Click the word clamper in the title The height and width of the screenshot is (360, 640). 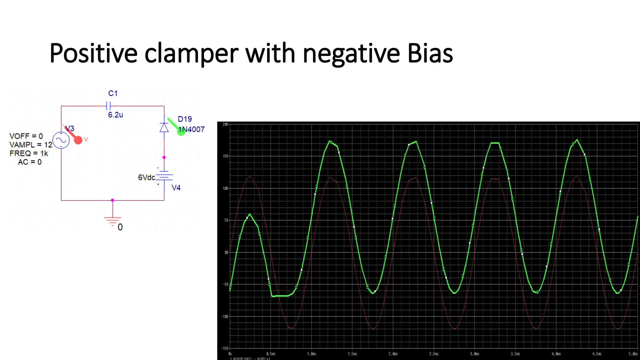[191, 54]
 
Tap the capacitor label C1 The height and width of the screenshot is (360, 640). [113, 93]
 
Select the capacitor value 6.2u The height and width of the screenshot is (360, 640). [115, 115]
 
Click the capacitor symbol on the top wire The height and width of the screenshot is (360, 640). [109, 106]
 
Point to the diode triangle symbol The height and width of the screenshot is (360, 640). [164, 127]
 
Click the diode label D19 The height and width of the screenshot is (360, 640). [185, 119]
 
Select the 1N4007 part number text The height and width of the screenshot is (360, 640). [192, 129]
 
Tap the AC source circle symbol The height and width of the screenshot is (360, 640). [61, 140]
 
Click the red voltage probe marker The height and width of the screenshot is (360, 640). [78, 140]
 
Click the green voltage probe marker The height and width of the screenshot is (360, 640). [181, 132]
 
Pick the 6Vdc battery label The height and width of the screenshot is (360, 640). [146, 177]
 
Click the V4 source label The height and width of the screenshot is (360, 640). [176, 187]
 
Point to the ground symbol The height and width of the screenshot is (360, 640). [112, 221]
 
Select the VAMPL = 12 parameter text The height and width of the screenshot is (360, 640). [31, 145]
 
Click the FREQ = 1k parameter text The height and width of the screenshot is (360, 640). [29, 153]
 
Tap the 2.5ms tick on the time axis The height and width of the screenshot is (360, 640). [434, 354]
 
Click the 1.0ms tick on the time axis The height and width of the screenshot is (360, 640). [312, 354]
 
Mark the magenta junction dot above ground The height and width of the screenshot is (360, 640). [112, 200]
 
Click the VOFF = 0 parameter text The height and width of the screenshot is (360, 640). [26, 136]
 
